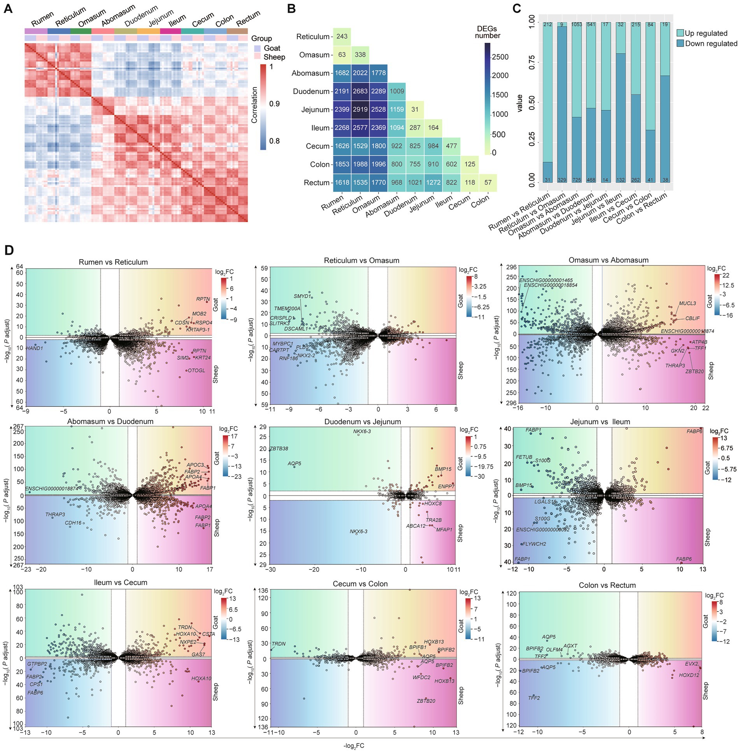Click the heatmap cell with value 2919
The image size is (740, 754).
pyautogui.click(x=360, y=109)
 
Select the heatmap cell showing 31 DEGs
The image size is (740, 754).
pyautogui.click(x=415, y=109)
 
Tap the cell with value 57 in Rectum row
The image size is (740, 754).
pyautogui.click(x=487, y=183)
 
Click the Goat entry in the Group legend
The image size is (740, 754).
pyautogui.click(x=272, y=48)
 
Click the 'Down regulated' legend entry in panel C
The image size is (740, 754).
pyautogui.click(x=711, y=44)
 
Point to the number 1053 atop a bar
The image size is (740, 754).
pyautogui.click(x=577, y=25)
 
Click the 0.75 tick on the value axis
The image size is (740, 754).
pyautogui.click(x=532, y=62)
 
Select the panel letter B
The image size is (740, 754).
pyautogui.click(x=291, y=9)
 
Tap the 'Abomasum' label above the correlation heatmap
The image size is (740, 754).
pyautogui.click(x=118, y=16)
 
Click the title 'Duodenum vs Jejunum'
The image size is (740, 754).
pyautogui.click(x=362, y=422)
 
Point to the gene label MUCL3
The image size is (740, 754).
pyautogui.click(x=687, y=304)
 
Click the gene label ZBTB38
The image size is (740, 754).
pyautogui.click(x=279, y=448)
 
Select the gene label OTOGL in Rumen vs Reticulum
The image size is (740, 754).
pyautogui.click(x=196, y=371)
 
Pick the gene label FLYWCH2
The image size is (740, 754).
pyautogui.click(x=534, y=544)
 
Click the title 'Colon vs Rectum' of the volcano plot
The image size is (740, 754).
pyautogui.click(x=607, y=585)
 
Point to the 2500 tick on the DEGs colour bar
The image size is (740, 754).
pyautogui.click(x=500, y=57)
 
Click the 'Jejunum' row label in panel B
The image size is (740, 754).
pyautogui.click(x=315, y=110)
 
